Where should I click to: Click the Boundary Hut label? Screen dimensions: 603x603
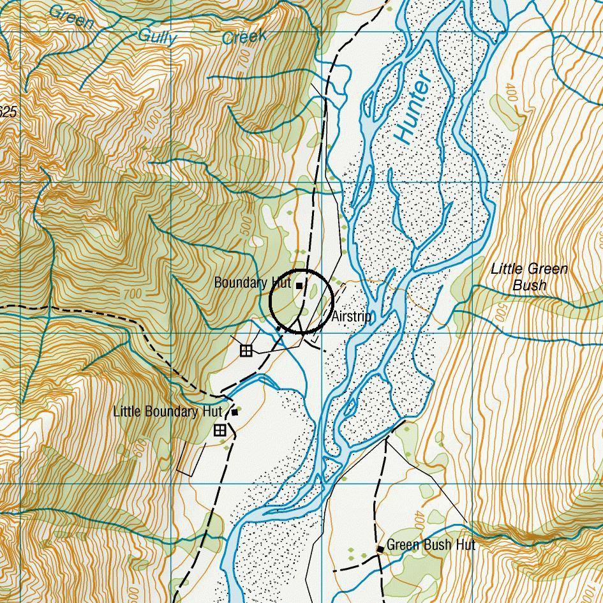pos(252,283)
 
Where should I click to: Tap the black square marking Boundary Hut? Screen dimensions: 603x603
pos(299,286)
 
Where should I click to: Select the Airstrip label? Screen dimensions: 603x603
pos(352,317)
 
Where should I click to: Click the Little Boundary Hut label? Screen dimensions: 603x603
pos(168,412)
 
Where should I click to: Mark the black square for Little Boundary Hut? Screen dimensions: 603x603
pos(235,412)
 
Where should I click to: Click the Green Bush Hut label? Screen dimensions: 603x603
pos(431,546)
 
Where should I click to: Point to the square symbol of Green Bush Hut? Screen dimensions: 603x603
pos(380,549)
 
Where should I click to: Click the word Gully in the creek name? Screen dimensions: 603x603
pos(157,36)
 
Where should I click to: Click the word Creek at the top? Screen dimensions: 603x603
pos(244,37)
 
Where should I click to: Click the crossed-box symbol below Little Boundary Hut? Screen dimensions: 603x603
pos(220,431)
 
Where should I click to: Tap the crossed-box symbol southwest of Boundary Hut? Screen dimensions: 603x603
pos(246,350)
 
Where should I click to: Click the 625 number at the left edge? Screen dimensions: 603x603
pos(7,113)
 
